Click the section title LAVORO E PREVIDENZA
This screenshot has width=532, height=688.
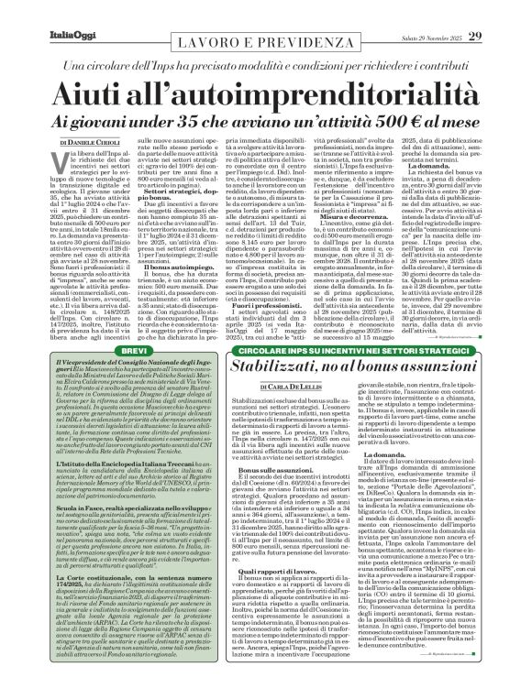[265, 30]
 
